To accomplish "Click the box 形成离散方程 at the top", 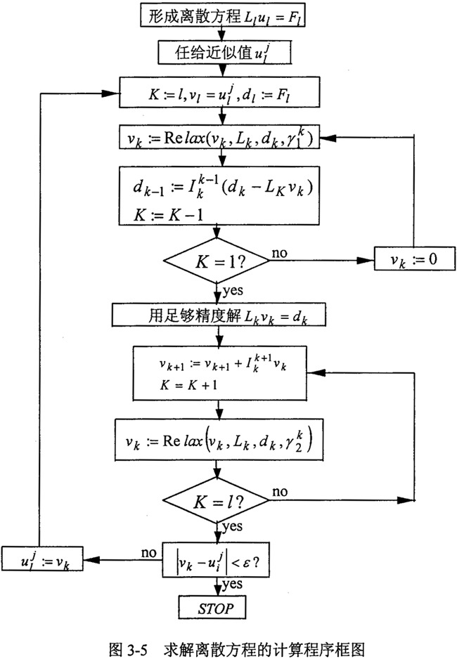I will coord(216,16).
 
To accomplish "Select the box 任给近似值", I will coord(216,51).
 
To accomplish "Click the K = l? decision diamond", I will coord(216,502).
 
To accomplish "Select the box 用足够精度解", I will coord(216,316).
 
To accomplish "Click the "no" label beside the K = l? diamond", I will coord(279,490).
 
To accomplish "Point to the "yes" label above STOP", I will coord(233,585).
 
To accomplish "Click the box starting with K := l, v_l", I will coord(216,94).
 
